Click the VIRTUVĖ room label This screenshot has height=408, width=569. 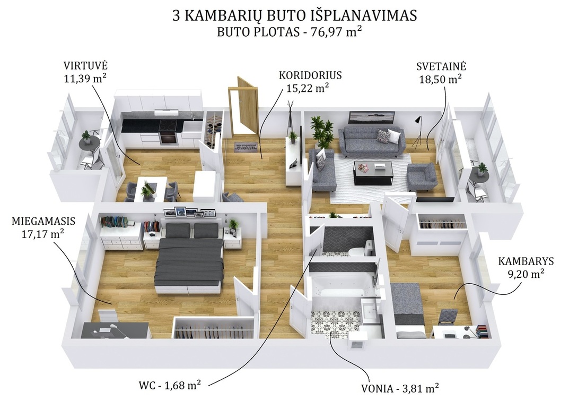(x=85, y=66)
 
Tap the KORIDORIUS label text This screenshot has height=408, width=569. (x=310, y=75)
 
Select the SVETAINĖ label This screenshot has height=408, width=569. (x=441, y=66)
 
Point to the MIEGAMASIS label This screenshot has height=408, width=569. (x=43, y=221)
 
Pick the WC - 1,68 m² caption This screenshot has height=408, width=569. (x=170, y=385)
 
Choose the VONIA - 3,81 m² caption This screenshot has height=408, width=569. (x=400, y=388)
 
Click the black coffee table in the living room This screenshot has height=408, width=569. (x=373, y=172)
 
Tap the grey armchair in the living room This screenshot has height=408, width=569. (x=421, y=177)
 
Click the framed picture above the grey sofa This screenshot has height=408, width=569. (x=371, y=117)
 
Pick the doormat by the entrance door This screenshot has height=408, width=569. (x=247, y=147)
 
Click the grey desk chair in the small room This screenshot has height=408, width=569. (x=448, y=317)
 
